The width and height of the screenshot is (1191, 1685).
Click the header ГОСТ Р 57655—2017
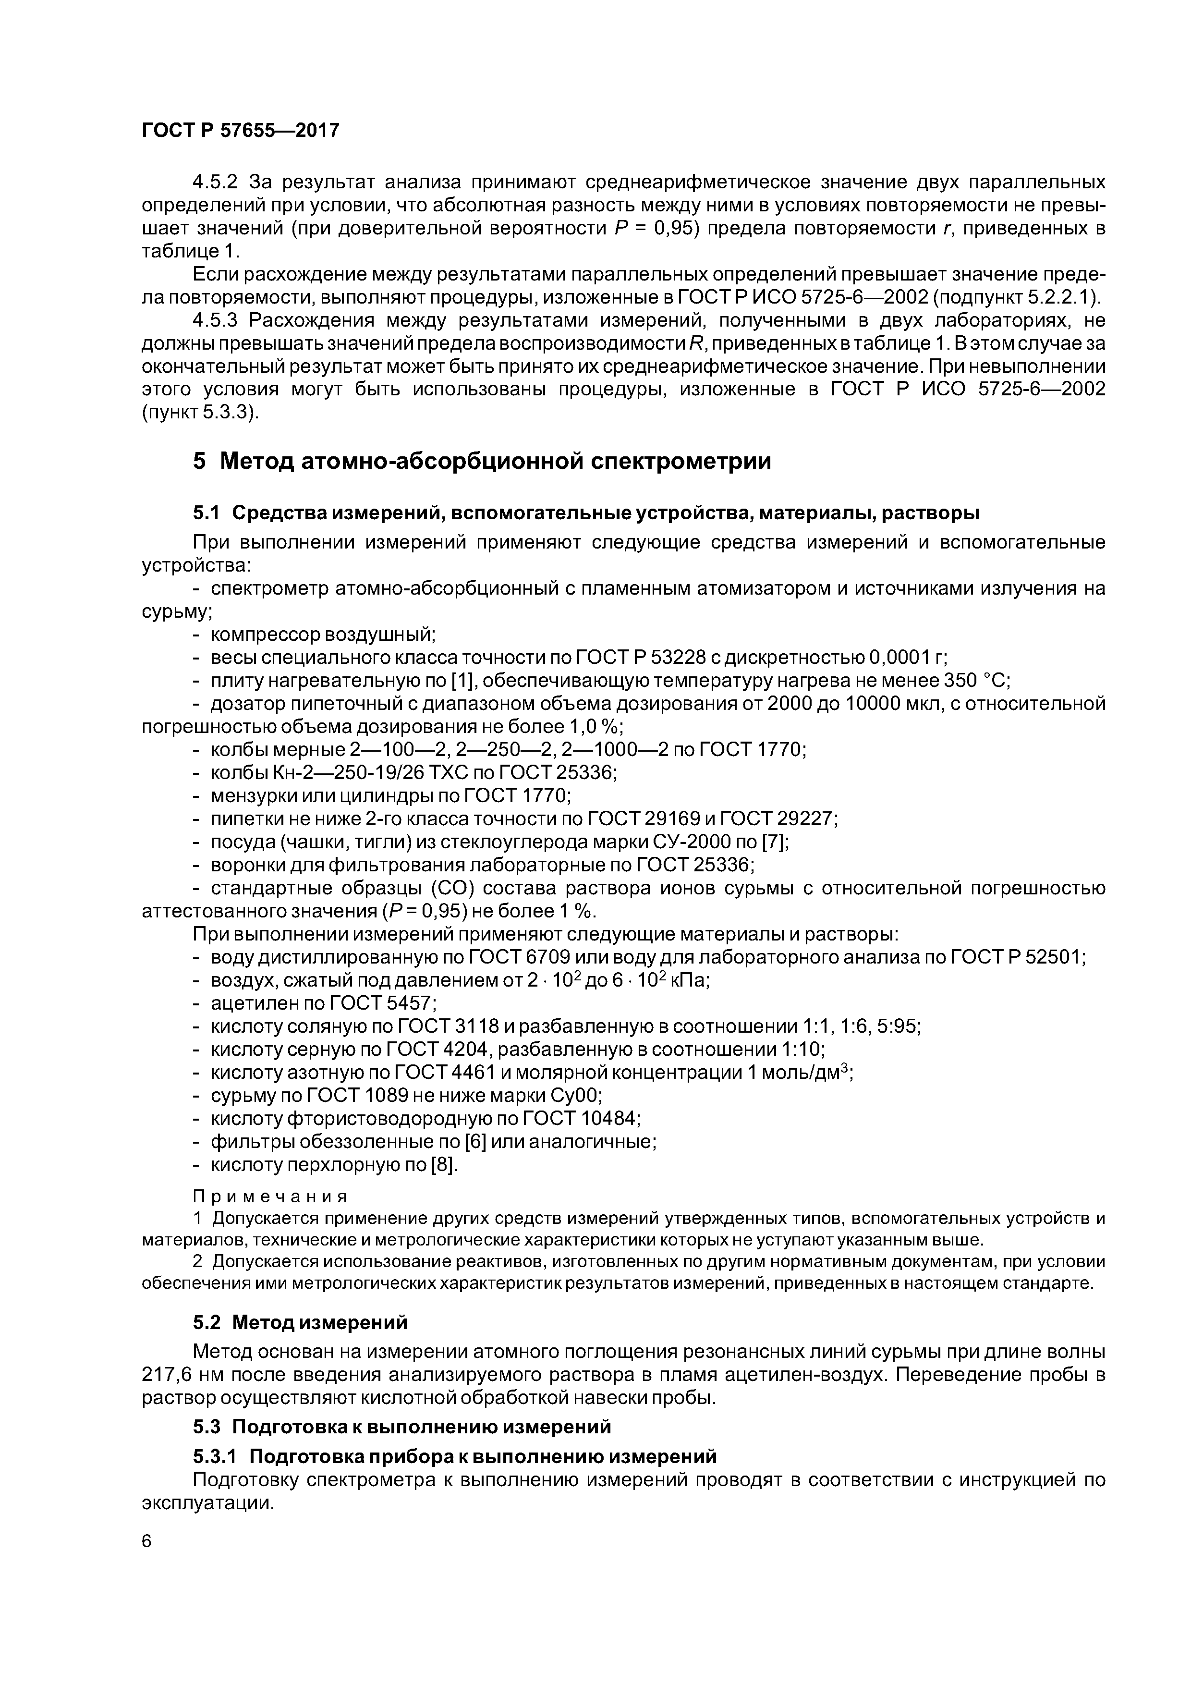point(240,131)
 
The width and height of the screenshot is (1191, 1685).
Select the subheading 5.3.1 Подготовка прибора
point(454,1456)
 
